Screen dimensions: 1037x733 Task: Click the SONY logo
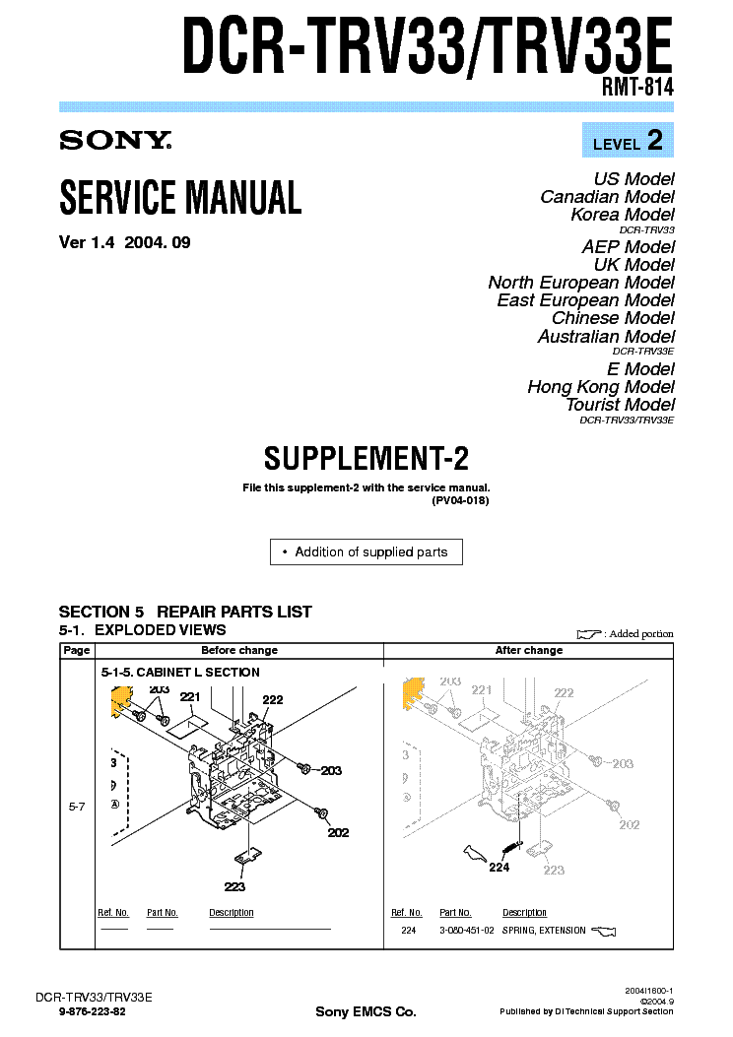[115, 141]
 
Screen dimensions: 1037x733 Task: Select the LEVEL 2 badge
[628, 142]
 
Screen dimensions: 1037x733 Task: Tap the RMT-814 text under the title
[637, 88]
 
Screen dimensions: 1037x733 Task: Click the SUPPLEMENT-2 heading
[366, 459]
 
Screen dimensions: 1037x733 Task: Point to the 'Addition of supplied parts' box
[366, 552]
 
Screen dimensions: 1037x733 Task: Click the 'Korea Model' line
[622, 215]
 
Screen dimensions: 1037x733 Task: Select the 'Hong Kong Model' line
[601, 387]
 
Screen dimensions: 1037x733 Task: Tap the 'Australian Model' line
[606, 337]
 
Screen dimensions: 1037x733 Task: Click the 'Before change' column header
[239, 650]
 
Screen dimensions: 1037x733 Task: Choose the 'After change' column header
[529, 650]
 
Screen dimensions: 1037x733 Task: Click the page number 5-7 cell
[77, 806]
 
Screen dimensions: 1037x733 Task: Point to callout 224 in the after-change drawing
[500, 868]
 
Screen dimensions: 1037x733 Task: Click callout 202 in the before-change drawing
[338, 832]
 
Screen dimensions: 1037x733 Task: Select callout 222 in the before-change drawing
[273, 700]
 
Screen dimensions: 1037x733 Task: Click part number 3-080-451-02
[465, 931]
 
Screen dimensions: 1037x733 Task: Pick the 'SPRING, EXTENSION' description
[544, 931]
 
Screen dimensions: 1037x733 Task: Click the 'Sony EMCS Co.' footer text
[366, 1011]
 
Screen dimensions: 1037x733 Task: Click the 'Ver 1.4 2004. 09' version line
[125, 243]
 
